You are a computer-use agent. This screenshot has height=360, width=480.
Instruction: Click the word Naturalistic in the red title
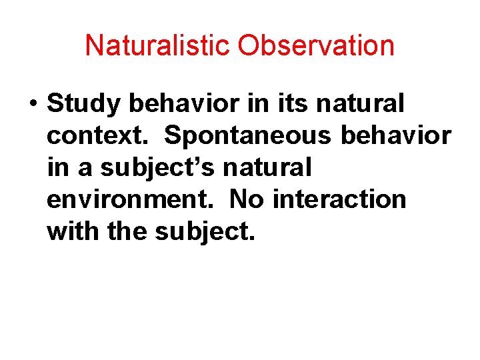157,46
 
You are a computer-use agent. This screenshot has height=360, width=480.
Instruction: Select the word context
100,135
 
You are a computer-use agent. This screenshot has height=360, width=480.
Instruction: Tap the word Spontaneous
248,136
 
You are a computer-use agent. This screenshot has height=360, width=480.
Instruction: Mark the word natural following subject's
267,167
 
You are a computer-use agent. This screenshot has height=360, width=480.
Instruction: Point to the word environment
131,199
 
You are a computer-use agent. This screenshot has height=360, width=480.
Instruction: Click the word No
245,199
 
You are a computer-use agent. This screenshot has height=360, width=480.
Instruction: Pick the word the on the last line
129,231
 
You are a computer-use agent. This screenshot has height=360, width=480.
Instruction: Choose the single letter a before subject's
85,168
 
